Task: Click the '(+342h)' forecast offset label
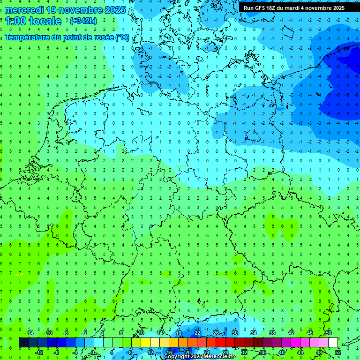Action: [x=83, y=21]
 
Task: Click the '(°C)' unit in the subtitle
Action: [x=122, y=37]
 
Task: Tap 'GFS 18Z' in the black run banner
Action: [x=263, y=8]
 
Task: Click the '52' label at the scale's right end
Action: [x=337, y=352]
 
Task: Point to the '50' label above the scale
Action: [x=328, y=333]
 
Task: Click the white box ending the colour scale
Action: [x=333, y=343]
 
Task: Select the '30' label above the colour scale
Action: [x=234, y=333]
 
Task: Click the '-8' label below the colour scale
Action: [x=57, y=352]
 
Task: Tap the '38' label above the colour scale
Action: [x=272, y=333]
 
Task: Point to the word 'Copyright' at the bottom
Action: [x=177, y=357]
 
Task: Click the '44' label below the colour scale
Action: [x=300, y=352]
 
